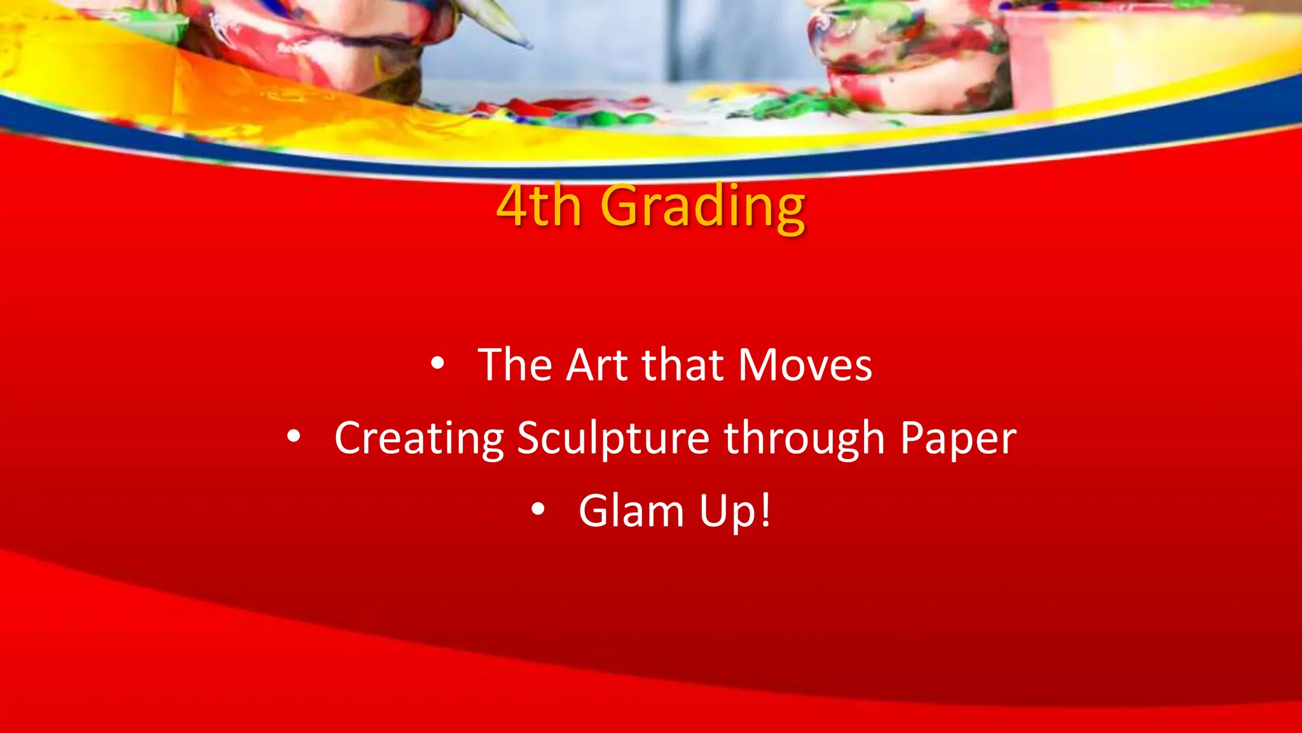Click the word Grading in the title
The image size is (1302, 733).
[702, 206]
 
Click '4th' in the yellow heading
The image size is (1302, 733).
[539, 206]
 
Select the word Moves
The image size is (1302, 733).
[805, 365]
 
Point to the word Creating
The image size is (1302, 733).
[419, 438]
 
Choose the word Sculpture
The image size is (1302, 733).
[613, 438]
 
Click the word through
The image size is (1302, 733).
[804, 438]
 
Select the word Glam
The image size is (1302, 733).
[631, 511]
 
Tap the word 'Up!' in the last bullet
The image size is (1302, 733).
[735, 511]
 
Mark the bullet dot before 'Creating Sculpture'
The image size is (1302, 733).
[293, 437]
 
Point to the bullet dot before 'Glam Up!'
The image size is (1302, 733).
[538, 510]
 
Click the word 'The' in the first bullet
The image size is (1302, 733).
[515, 365]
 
